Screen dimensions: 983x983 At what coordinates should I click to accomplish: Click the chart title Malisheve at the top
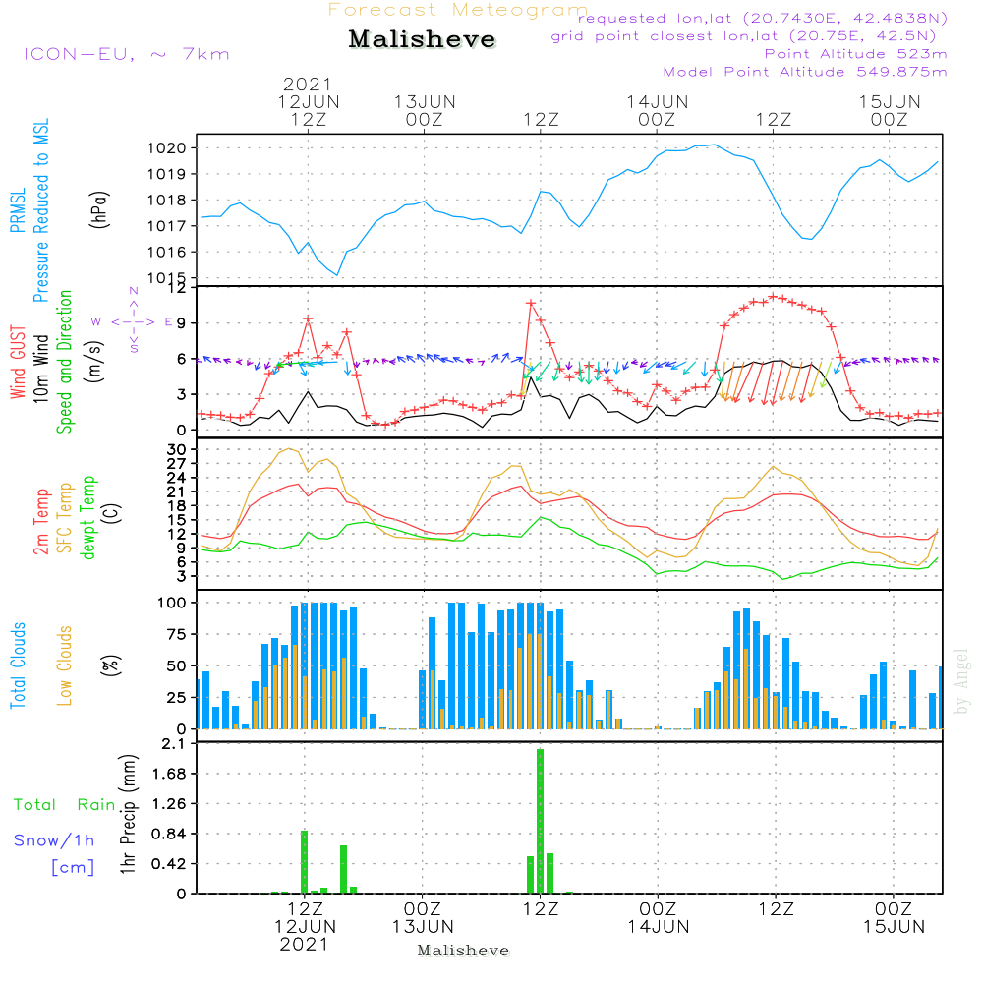[422, 40]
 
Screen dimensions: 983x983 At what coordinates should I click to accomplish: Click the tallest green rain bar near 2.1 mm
[540, 820]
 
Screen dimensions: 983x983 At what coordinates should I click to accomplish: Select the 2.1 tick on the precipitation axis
[177, 744]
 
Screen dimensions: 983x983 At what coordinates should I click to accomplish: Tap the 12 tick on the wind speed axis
[181, 288]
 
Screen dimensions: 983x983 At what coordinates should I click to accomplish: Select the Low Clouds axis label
[65, 665]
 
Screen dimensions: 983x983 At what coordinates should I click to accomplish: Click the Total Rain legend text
[65, 804]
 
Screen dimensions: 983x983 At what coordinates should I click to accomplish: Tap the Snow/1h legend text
[55, 840]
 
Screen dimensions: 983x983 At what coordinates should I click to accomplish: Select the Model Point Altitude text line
[805, 72]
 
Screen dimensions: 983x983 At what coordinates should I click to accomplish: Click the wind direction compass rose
[134, 321]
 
